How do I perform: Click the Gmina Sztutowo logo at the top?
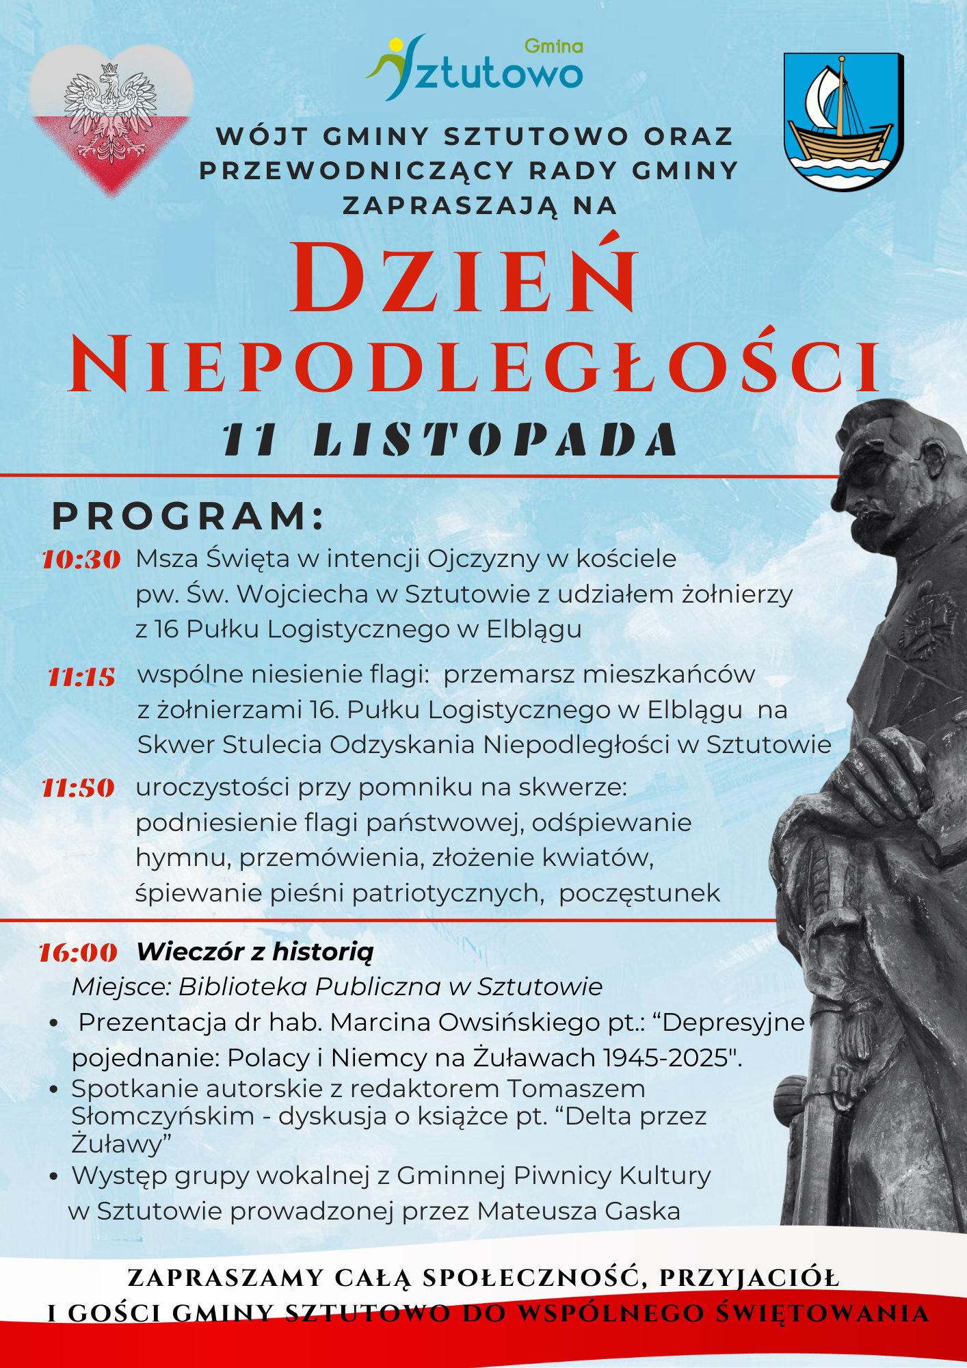point(476,68)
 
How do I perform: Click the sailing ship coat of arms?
point(843,120)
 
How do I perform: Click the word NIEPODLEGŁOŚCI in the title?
point(475,365)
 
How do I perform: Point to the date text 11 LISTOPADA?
point(449,439)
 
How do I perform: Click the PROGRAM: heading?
point(188,516)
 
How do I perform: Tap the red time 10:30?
point(81,560)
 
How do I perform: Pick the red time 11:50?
point(78,789)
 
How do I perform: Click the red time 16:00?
point(78,953)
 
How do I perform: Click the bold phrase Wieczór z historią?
point(255,951)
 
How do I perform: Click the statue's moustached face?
point(882,492)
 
